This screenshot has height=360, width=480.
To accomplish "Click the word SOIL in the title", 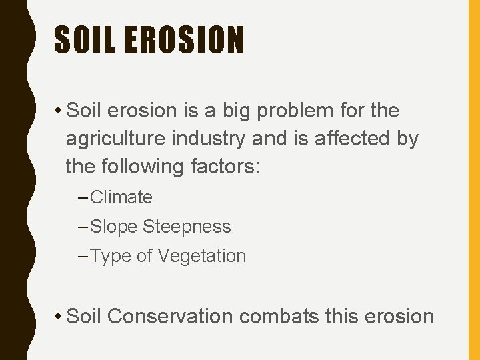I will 83,39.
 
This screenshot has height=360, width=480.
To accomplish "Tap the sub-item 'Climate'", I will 121,197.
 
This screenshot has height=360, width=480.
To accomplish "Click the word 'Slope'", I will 113,227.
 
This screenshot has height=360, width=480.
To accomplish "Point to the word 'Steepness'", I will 187,227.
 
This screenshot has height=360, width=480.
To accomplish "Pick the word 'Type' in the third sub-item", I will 111,257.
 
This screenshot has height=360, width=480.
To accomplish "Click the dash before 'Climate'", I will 83,197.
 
